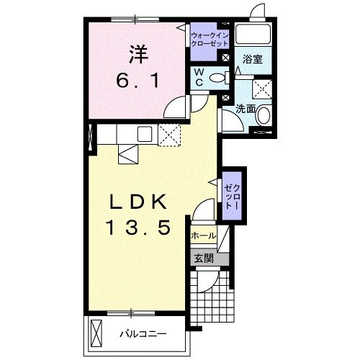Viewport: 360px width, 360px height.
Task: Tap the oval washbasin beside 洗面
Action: pyautogui.click(x=264, y=115)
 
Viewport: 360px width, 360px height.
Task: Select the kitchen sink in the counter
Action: pyautogui.click(x=143, y=133)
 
